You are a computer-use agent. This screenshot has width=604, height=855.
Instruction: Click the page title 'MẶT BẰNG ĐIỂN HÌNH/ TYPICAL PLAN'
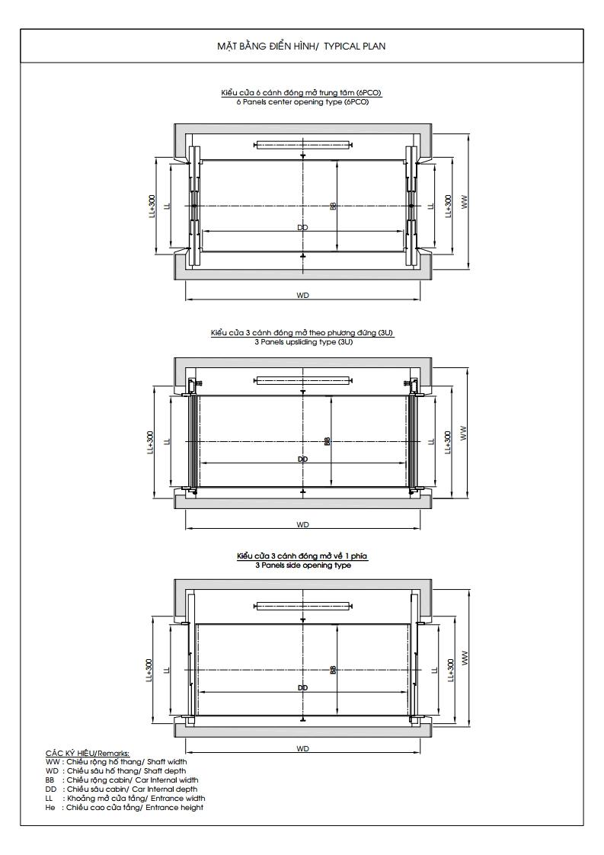(302, 46)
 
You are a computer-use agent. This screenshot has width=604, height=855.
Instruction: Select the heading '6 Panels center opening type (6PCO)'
(302, 102)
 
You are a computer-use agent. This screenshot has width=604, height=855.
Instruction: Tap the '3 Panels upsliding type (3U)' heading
(302, 342)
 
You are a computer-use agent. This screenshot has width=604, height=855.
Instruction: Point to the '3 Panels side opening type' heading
(302, 566)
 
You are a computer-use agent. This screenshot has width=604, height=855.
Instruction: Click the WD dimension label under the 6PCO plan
(303, 295)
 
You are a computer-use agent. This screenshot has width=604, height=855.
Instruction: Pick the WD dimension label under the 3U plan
(303, 524)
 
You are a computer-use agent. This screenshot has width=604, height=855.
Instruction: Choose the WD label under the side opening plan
(303, 748)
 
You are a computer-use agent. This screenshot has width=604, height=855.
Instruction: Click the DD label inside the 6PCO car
(302, 227)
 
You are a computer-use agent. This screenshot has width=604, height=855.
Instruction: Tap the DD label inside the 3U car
(302, 460)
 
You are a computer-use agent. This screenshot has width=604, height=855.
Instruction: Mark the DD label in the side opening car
(303, 687)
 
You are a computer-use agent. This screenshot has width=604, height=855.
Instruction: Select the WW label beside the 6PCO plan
(463, 202)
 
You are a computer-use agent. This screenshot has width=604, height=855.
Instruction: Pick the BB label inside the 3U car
(327, 440)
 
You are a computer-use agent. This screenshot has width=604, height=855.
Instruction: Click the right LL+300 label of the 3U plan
(448, 440)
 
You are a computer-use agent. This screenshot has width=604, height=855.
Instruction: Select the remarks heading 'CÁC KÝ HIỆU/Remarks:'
(88, 753)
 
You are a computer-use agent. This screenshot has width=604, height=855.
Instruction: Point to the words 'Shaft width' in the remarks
(168, 761)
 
